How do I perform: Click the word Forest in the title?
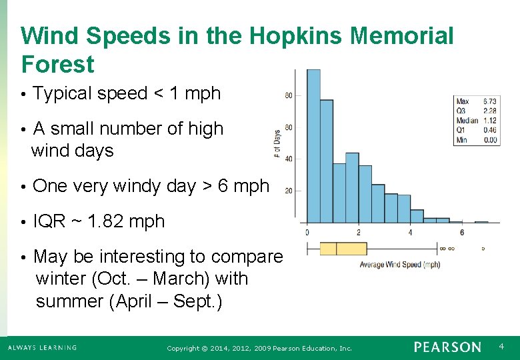pos(58,65)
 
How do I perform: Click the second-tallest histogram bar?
pos(326,161)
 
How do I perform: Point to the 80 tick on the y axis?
pos(288,95)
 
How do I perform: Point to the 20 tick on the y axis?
pos(288,191)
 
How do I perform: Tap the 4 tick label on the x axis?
pos(410,232)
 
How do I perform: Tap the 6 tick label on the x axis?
pos(461,232)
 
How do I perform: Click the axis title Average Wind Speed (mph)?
pos(400,265)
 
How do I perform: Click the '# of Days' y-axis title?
pos(277,143)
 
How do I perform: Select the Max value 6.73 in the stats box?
pos(489,101)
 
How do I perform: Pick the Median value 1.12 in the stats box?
pos(489,121)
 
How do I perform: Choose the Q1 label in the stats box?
pos(461,130)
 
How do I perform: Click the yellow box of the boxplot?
pos(334,249)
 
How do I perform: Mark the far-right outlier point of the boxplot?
pos(483,249)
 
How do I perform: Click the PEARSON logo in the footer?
pos(447,347)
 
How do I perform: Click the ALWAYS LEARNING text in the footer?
pos(42,347)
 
